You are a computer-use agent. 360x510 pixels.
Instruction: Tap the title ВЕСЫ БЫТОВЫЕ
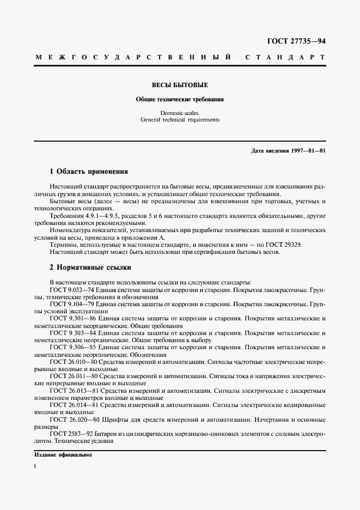[x=179, y=86]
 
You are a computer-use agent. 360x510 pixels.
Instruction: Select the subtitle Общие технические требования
[x=179, y=100]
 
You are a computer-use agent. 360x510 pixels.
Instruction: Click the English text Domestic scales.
[x=180, y=113]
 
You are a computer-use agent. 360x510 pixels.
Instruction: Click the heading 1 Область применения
[x=89, y=172]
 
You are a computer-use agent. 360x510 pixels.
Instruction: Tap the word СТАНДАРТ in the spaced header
[x=286, y=57]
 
